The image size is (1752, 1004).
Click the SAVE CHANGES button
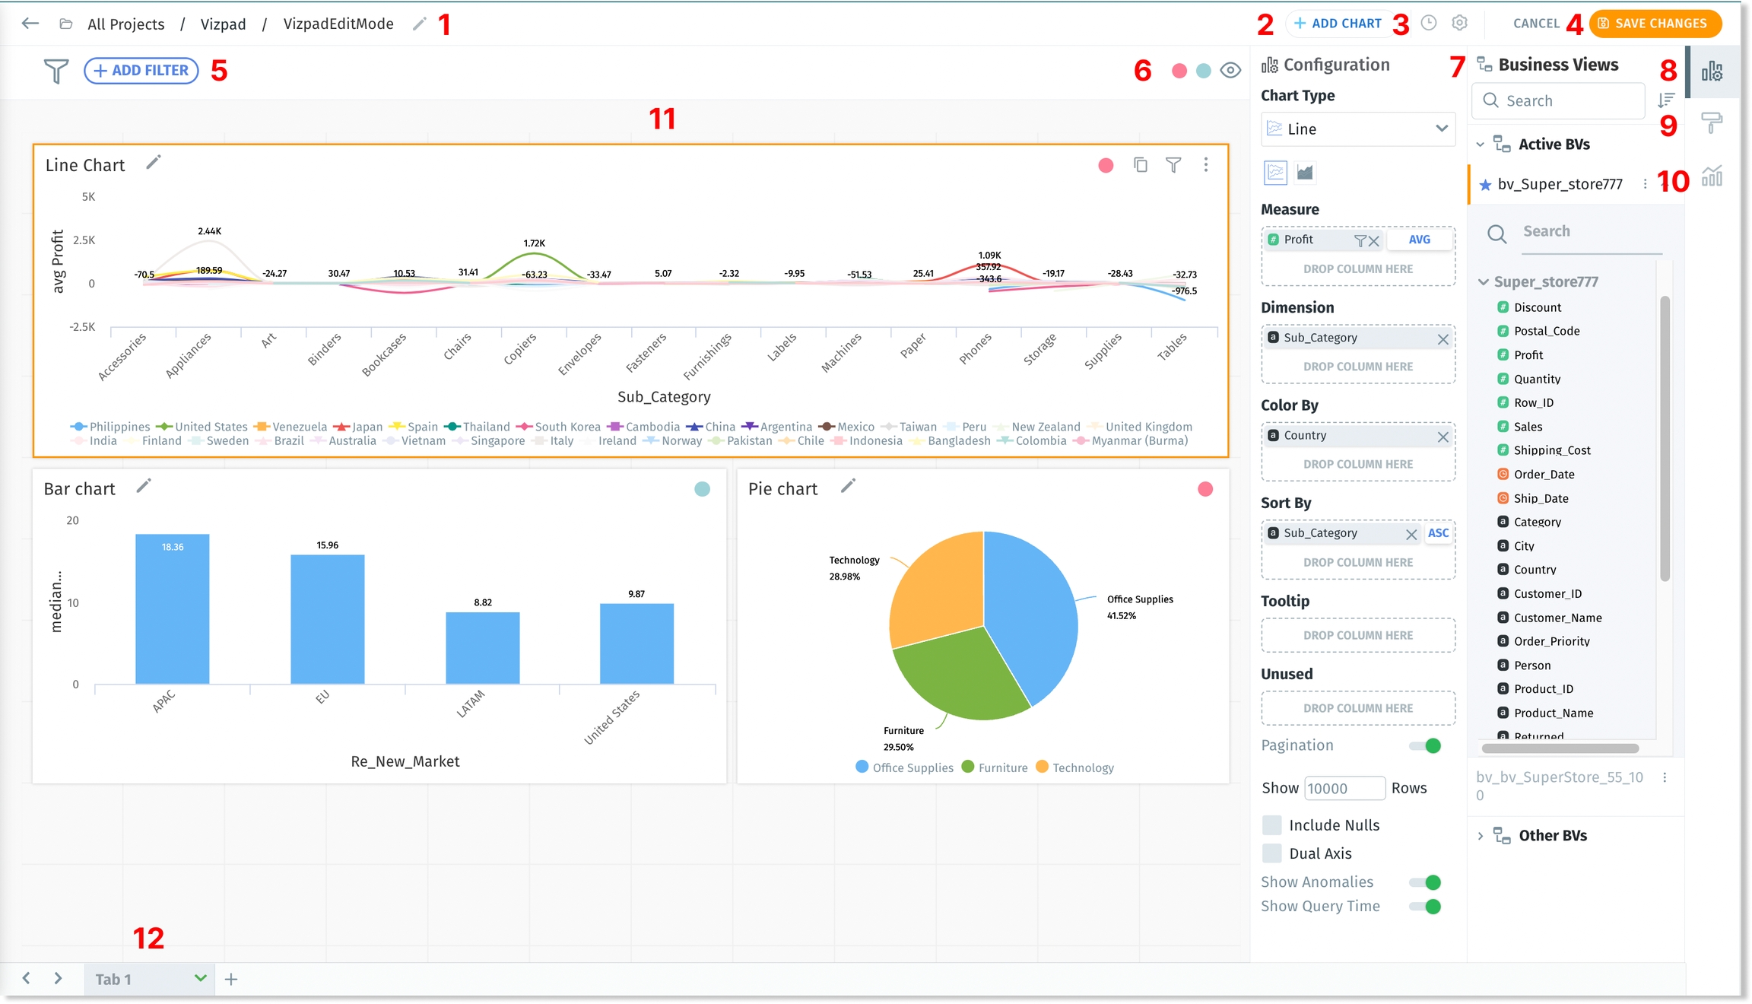pyautogui.click(x=1655, y=24)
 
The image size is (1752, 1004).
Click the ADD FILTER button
pyautogui.click(x=141, y=71)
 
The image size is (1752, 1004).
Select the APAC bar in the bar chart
pyautogui.click(x=173, y=608)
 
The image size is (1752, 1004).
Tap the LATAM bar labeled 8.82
pyautogui.click(x=483, y=647)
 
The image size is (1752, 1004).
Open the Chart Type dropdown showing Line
pyautogui.click(x=1357, y=129)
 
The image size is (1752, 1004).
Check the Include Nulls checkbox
pyautogui.click(x=1271, y=825)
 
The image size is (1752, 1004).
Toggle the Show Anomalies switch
pyautogui.click(x=1425, y=882)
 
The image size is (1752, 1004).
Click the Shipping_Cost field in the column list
pyautogui.click(x=1552, y=450)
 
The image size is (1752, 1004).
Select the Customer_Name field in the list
pyautogui.click(x=1557, y=618)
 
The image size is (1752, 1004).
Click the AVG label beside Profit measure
pyautogui.click(x=1419, y=240)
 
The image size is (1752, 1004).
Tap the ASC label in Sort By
pyautogui.click(x=1438, y=533)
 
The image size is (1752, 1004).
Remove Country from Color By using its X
pyautogui.click(x=1443, y=437)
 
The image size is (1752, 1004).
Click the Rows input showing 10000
pyautogui.click(x=1344, y=789)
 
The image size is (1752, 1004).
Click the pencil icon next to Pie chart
pyautogui.click(x=848, y=486)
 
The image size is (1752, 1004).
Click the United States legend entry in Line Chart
pyautogui.click(x=211, y=427)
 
